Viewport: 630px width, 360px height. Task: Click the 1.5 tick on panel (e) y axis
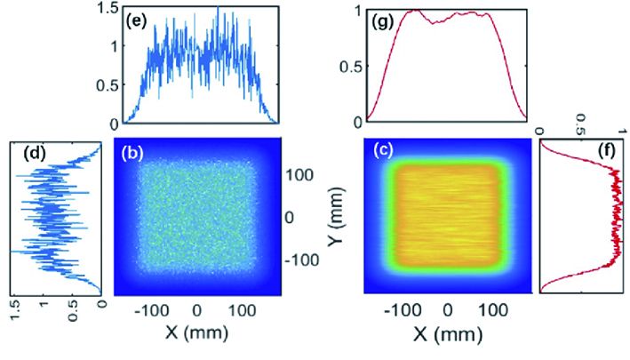pos(104,8)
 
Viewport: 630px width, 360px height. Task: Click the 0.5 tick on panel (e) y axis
pos(104,85)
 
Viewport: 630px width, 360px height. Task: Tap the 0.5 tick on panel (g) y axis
pos(350,66)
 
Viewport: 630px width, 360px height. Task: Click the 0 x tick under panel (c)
pos(449,310)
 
